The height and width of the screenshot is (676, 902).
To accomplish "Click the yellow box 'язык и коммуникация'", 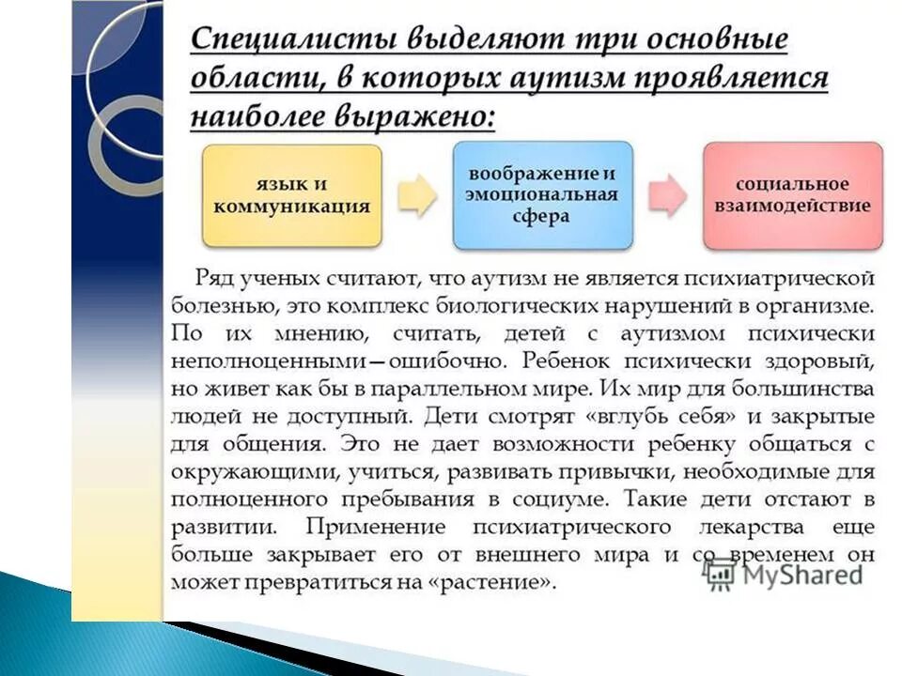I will pos(291,195).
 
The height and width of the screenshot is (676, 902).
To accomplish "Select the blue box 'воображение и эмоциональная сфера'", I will pos(542,195).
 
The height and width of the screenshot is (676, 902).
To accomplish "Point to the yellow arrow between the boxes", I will pos(417,195).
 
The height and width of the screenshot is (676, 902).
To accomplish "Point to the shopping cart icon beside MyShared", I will pos(720,573).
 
